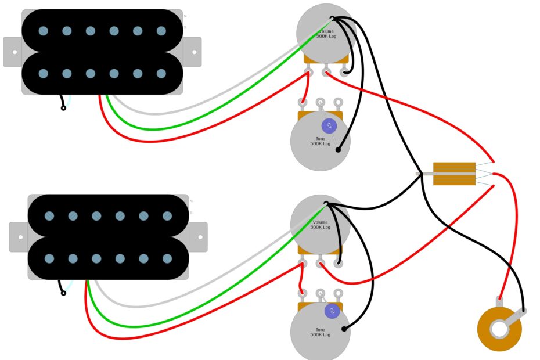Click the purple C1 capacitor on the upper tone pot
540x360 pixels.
click(329, 125)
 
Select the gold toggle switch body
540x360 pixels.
click(454, 174)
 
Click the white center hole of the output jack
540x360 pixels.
click(499, 329)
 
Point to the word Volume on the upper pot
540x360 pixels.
click(325, 31)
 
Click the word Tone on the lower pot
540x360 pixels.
click(320, 329)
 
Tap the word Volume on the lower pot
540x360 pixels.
click(320, 222)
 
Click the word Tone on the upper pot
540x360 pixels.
click(320, 138)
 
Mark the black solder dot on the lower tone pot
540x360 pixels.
click(344, 329)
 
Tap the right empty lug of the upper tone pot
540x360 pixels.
click(339, 103)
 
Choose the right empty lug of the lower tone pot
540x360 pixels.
click(339, 295)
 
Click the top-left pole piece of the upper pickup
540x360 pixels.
click(43, 31)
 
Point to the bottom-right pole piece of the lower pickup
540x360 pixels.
click(167, 258)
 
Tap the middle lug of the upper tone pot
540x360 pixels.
click(320, 103)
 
